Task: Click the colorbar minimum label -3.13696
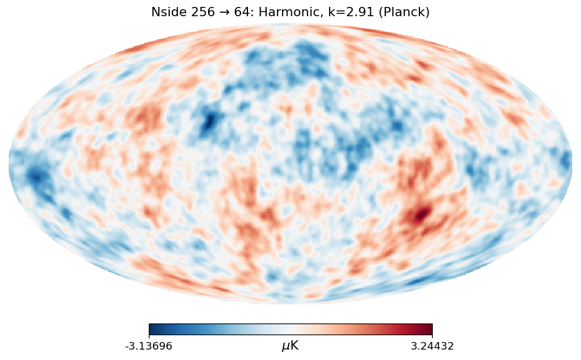149,346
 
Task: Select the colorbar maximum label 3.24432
432,346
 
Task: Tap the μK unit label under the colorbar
290,346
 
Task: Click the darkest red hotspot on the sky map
422,213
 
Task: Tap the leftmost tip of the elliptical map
9,164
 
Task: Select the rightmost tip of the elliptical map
572,164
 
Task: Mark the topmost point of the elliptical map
290,24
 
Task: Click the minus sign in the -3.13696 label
127,347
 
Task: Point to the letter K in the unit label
294,346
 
